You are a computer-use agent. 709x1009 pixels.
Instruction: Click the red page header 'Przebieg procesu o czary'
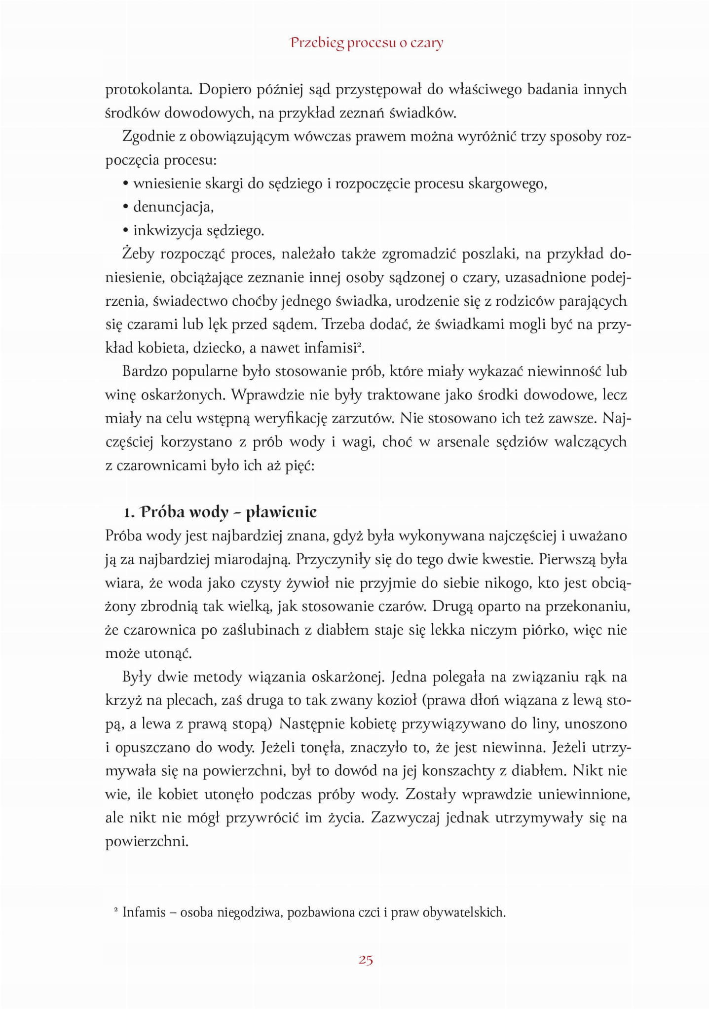[367, 43]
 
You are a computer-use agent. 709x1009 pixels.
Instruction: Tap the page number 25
[366, 959]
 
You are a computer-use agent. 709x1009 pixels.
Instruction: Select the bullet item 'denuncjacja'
[173, 207]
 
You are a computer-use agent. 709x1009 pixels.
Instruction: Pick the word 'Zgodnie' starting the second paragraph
[147, 137]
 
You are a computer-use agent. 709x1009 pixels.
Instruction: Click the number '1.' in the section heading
[129, 512]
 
